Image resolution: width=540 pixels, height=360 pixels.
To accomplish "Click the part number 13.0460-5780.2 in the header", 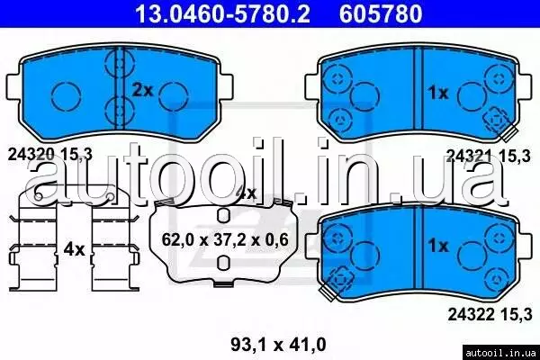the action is point(222,13).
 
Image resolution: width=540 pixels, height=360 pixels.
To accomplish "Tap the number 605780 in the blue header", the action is point(381,13).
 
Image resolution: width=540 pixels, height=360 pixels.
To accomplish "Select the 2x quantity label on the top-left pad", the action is point(142,90).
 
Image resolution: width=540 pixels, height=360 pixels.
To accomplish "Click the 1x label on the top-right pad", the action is point(438,93).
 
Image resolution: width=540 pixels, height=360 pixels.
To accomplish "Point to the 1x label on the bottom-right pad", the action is point(438,246).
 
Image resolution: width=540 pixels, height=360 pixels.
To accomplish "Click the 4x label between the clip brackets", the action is point(74,248).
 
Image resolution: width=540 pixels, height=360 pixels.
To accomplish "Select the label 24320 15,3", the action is point(50,155).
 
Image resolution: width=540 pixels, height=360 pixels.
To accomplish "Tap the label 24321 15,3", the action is point(489,157).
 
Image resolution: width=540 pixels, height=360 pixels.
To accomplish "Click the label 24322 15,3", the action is point(490,314).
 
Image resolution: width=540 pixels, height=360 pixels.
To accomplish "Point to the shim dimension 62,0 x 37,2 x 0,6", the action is point(225,239).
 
